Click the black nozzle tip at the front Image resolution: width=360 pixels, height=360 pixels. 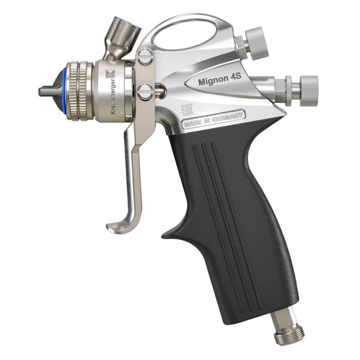pyautogui.click(x=45, y=92)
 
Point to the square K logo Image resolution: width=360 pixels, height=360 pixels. pyautogui.click(x=108, y=74)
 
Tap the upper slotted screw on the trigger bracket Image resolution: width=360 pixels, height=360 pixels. pyautogui.click(x=144, y=57)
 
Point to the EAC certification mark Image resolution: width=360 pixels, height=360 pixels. pyautogui.click(x=185, y=110)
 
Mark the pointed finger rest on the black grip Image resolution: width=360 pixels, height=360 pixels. pyautogui.click(x=169, y=234)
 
